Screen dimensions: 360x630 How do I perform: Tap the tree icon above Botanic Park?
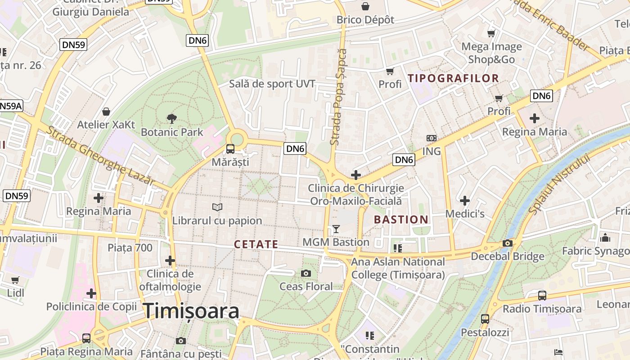click(x=171, y=119)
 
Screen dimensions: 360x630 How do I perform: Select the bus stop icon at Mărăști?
click(x=230, y=148)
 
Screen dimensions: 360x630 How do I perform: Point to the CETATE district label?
click(x=256, y=244)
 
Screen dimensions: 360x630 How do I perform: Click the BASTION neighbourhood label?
click(x=401, y=220)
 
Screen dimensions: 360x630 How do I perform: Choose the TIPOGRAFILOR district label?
click(x=454, y=78)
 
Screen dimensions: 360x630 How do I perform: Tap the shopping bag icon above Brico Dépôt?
click(x=365, y=6)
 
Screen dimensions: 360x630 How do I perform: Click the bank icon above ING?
click(x=431, y=138)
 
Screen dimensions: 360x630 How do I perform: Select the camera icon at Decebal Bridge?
click(x=508, y=243)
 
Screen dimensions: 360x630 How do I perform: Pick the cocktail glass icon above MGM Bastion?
click(x=336, y=229)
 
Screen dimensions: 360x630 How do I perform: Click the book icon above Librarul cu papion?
click(x=217, y=207)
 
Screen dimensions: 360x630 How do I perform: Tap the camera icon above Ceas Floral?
click(x=306, y=273)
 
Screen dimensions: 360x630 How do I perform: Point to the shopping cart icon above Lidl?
click(x=15, y=280)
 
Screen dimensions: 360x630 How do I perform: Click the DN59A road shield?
click(x=10, y=106)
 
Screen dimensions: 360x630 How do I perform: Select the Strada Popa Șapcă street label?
click(x=338, y=97)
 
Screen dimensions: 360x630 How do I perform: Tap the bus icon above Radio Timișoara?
click(x=542, y=296)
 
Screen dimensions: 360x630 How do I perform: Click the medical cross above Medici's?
click(x=465, y=200)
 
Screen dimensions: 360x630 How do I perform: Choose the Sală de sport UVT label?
click(x=272, y=84)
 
